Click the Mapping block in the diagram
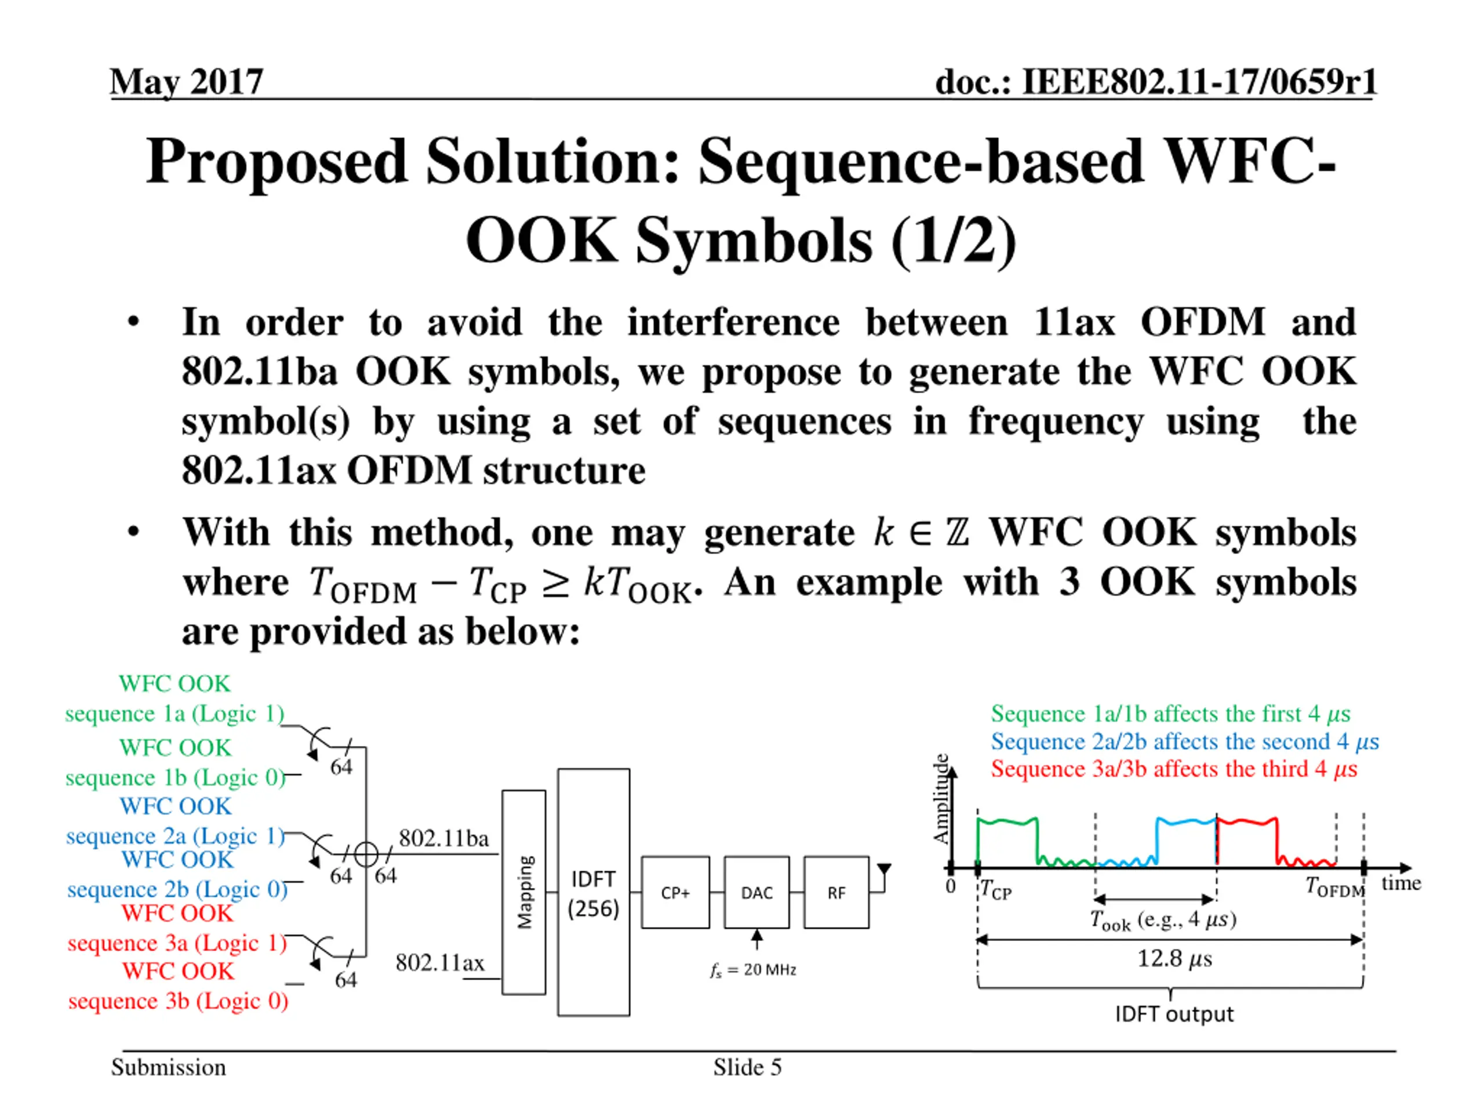pos(524,892)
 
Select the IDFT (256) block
pos(593,892)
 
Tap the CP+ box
pos(675,892)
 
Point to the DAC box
pos(756,892)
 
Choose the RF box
pos(836,892)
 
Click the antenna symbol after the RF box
pos(884,871)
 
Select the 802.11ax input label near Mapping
pos(439,963)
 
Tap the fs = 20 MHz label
pos(753,970)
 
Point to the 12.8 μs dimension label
pos(1174,958)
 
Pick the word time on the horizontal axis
pos(1401,883)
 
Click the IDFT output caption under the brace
pos(1174,1014)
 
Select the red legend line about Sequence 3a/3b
pos(1174,769)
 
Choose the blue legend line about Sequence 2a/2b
pos(1185,741)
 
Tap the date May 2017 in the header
pos(187,82)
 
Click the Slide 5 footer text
pos(747,1067)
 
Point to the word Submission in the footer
pos(168,1067)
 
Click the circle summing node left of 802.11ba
pos(366,854)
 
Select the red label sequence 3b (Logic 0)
pos(179,1001)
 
